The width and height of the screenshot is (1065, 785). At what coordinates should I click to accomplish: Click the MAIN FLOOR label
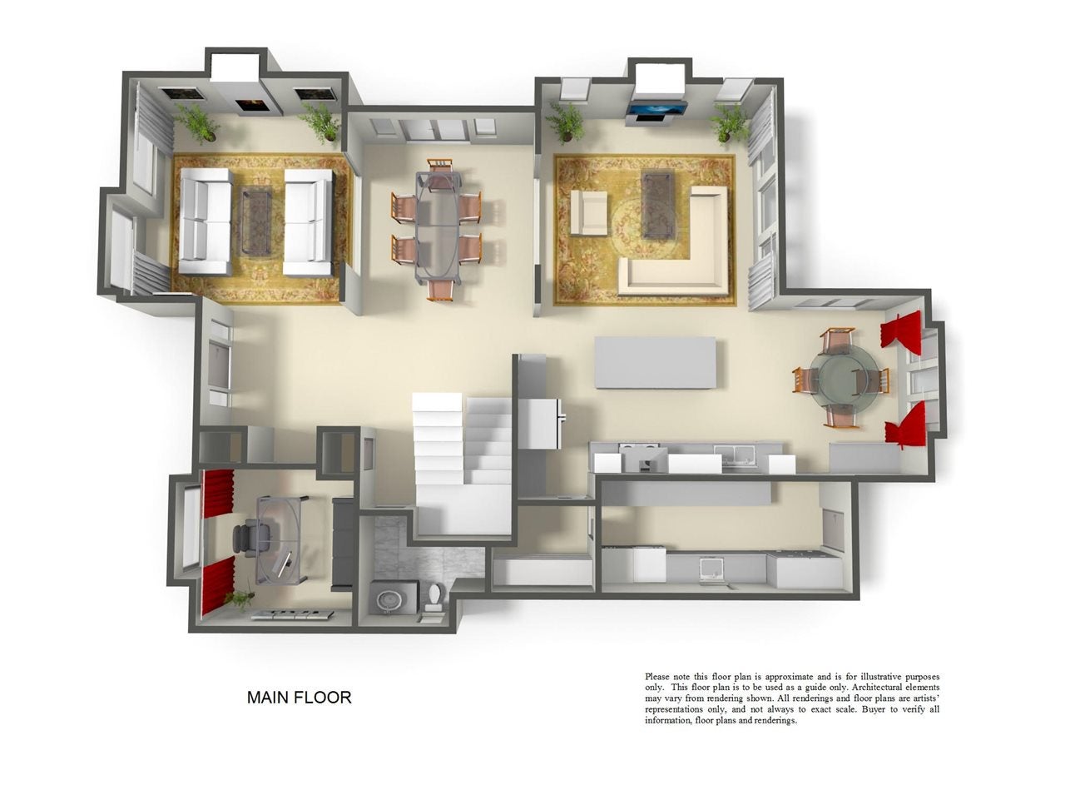(299, 698)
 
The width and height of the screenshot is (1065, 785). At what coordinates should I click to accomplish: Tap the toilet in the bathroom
(434, 599)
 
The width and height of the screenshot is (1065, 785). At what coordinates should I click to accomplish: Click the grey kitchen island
(656, 362)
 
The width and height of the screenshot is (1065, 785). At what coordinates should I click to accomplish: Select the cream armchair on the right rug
(588, 212)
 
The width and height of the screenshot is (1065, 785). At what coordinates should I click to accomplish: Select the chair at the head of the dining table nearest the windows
(441, 167)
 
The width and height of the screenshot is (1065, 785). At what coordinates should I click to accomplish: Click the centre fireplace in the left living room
(250, 105)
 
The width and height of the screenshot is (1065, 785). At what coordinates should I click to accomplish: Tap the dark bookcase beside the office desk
(342, 544)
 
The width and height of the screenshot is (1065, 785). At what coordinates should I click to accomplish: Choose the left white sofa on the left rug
(206, 221)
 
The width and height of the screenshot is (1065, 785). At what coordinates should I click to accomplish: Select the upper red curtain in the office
(219, 493)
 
